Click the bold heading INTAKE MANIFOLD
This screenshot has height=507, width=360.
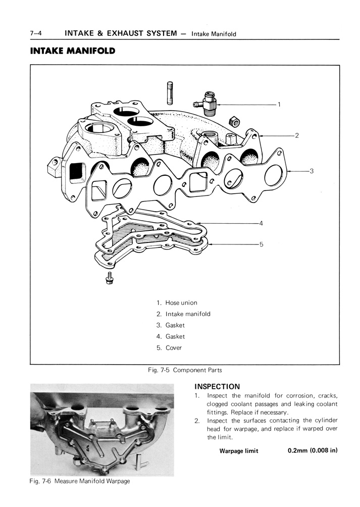click(x=73, y=51)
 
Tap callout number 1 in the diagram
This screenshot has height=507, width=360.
click(x=279, y=105)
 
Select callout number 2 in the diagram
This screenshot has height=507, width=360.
click(x=297, y=135)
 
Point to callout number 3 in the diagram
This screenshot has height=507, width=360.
click(x=312, y=171)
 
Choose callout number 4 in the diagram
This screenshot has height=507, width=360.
click(x=261, y=223)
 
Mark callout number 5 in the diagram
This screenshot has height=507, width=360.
click(x=261, y=244)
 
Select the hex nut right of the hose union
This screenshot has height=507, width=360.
click(x=234, y=122)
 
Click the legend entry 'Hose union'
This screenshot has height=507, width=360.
click(x=181, y=303)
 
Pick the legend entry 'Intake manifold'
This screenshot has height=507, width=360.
click(x=187, y=314)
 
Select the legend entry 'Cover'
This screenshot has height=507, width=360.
click(x=173, y=348)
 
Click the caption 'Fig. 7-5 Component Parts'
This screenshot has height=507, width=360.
click(x=185, y=370)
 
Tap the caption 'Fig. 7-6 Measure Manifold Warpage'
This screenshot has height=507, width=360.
click(x=80, y=481)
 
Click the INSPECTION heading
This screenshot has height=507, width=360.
click(x=217, y=387)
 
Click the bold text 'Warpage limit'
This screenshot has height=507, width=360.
click(x=238, y=451)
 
